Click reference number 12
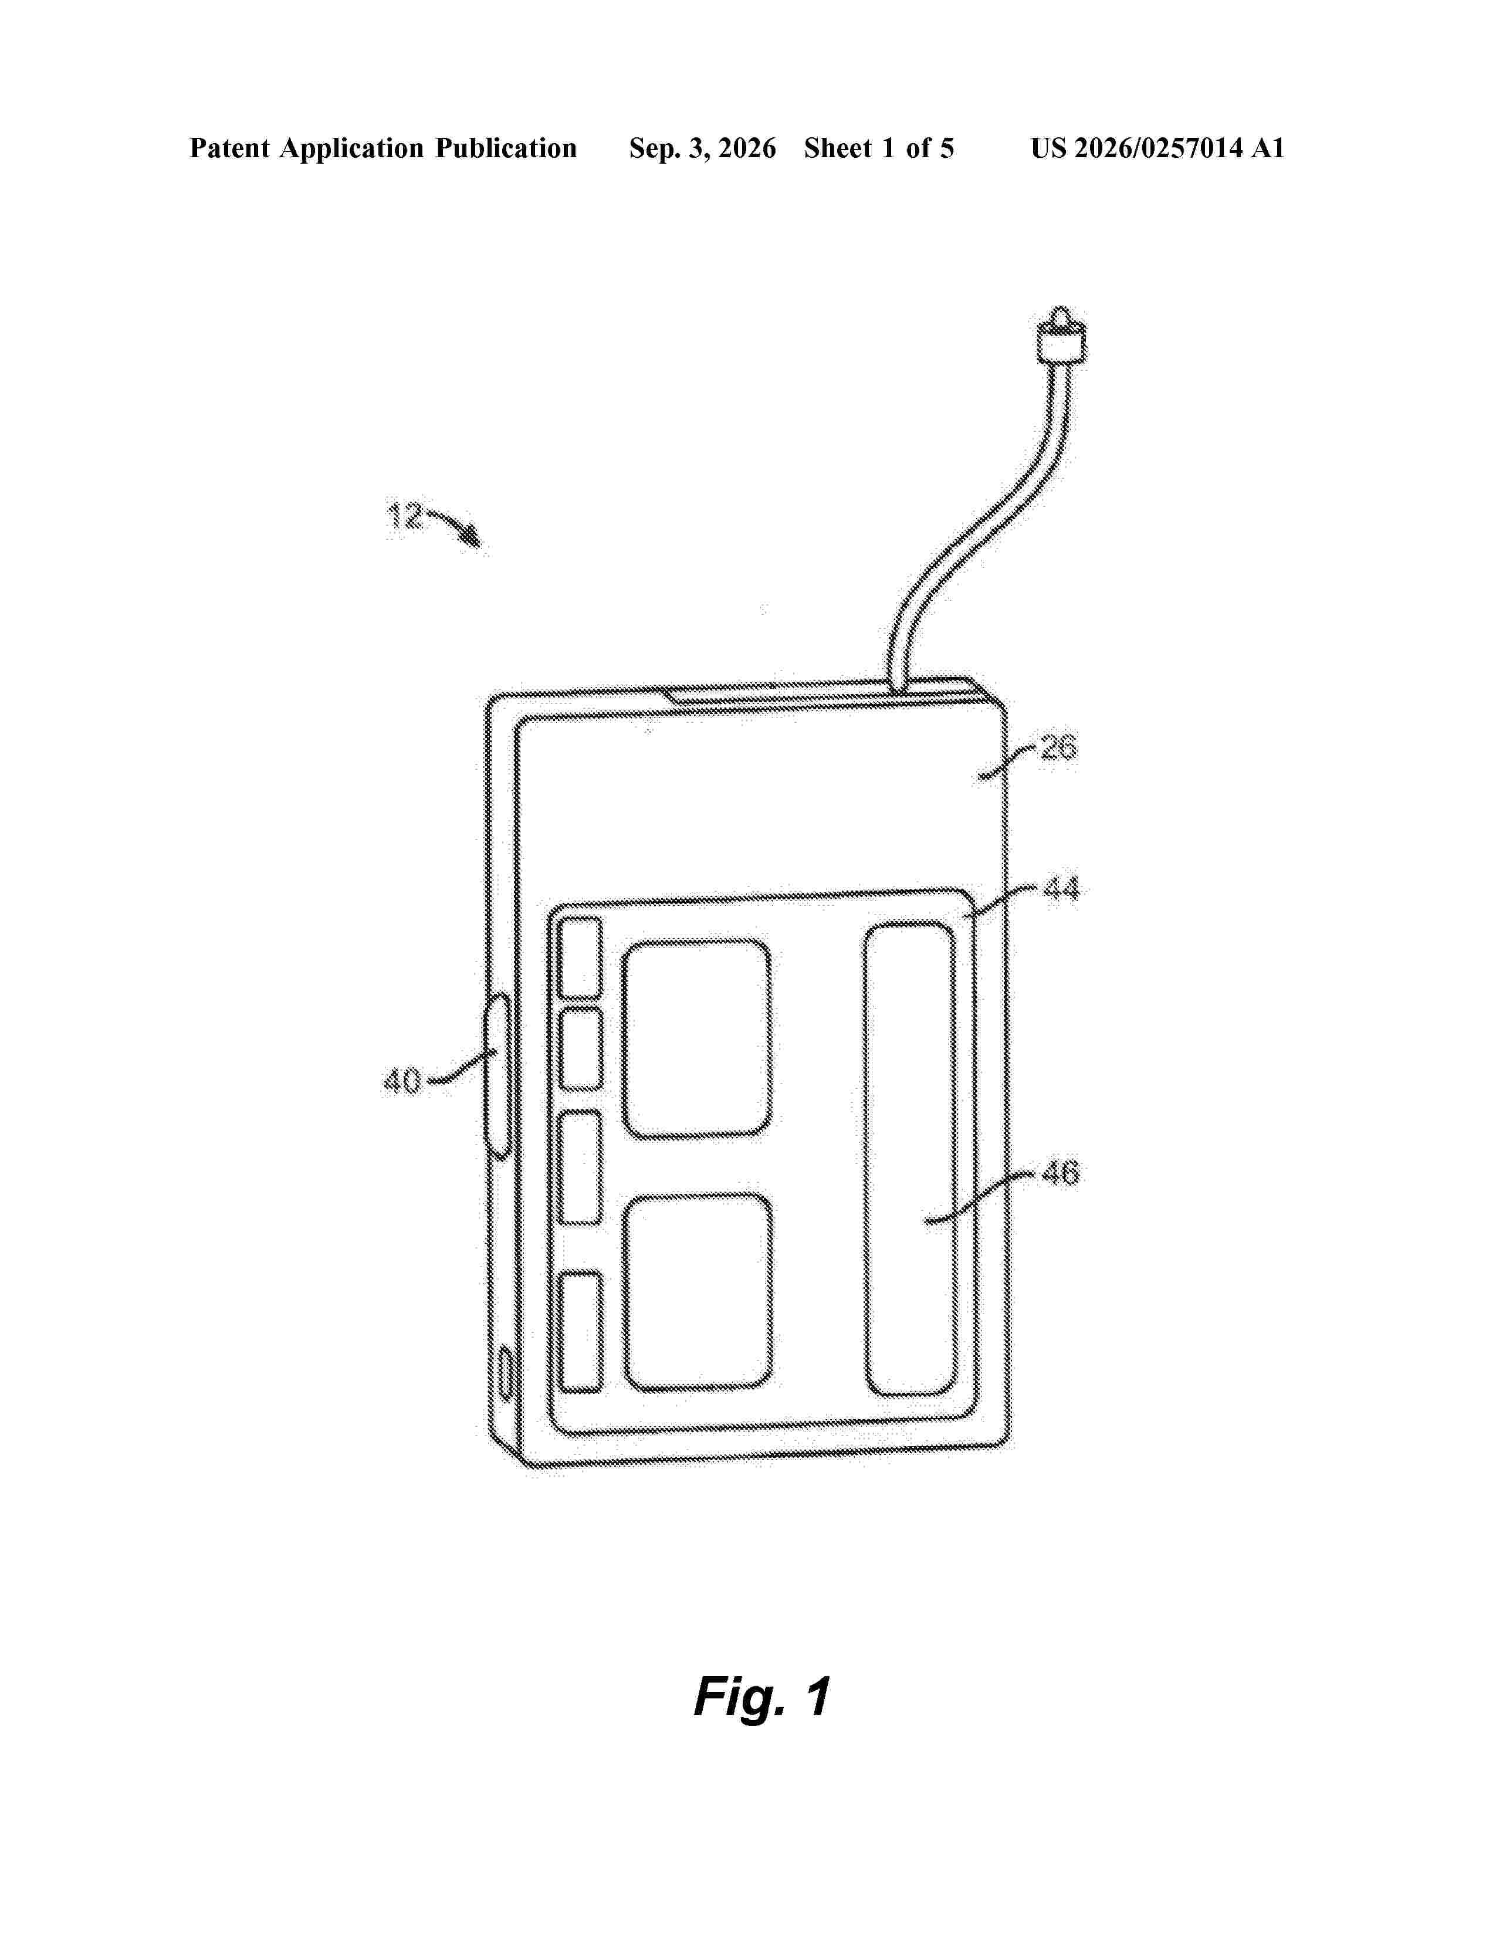pos(406,515)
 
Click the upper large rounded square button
pos(696,1038)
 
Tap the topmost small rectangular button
pos(580,957)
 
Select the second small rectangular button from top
pos(581,1049)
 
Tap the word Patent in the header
pos(229,148)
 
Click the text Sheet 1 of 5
pos(879,148)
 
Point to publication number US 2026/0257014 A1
pos(1157,148)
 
